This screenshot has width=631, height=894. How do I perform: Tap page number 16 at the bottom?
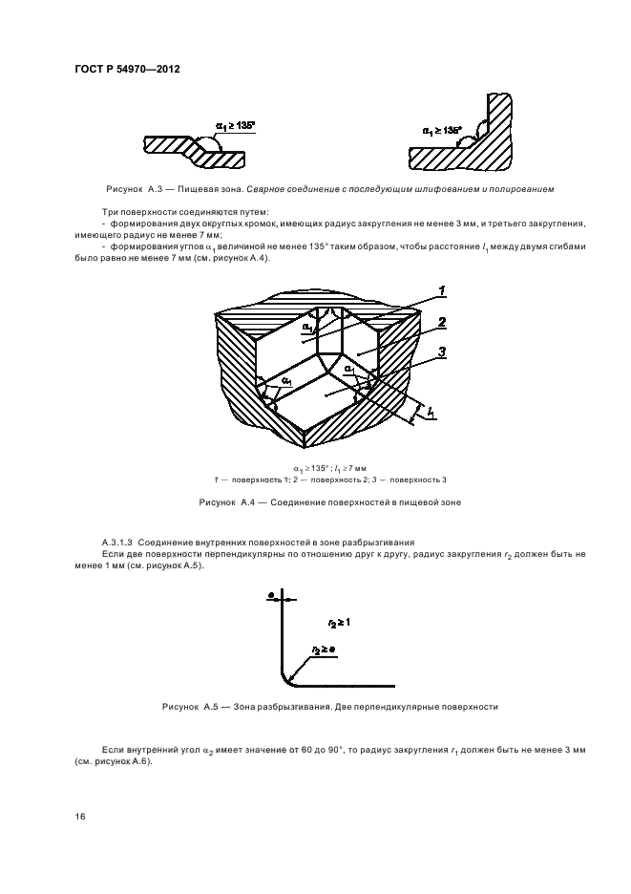point(80,816)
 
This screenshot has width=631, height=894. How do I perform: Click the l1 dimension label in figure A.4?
point(431,414)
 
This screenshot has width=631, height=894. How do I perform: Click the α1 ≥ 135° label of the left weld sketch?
point(236,125)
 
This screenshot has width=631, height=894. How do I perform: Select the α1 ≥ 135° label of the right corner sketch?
point(442,130)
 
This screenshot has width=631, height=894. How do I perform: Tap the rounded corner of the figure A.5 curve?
point(286,677)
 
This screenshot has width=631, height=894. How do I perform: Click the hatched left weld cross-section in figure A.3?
point(191,146)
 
